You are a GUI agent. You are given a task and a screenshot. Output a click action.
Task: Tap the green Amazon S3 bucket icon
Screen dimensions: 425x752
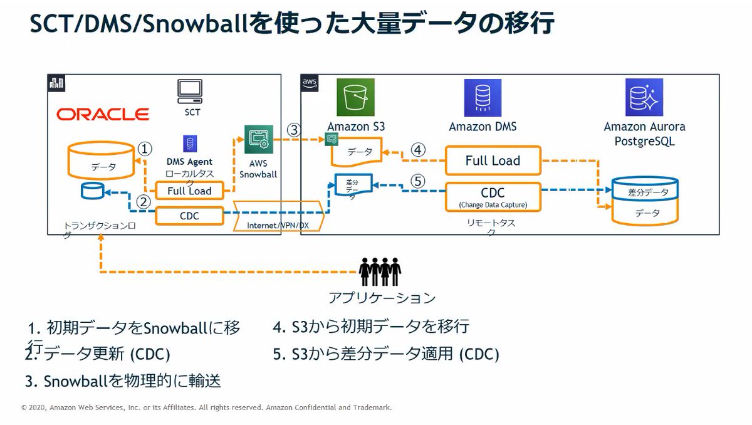(355, 98)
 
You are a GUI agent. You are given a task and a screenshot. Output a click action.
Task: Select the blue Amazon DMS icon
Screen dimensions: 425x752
(483, 98)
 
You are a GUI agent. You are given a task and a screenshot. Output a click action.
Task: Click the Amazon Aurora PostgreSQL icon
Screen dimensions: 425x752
(644, 98)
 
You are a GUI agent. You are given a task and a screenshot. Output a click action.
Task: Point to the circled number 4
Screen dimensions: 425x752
(418, 150)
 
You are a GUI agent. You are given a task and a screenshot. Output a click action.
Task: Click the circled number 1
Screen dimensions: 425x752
(145, 149)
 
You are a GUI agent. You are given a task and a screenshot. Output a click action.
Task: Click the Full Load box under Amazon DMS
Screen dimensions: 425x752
(493, 160)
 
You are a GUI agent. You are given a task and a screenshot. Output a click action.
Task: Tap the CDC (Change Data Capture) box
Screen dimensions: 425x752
(493, 196)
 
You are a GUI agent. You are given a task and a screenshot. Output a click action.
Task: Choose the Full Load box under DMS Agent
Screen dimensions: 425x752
(189, 191)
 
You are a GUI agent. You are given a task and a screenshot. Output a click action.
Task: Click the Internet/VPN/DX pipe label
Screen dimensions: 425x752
(278, 224)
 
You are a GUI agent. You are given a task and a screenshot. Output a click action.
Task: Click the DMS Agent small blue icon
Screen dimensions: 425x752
(188, 144)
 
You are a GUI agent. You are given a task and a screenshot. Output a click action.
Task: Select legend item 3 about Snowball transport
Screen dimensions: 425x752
(123, 380)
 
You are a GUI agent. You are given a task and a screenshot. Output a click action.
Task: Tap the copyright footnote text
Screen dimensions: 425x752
(207, 407)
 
